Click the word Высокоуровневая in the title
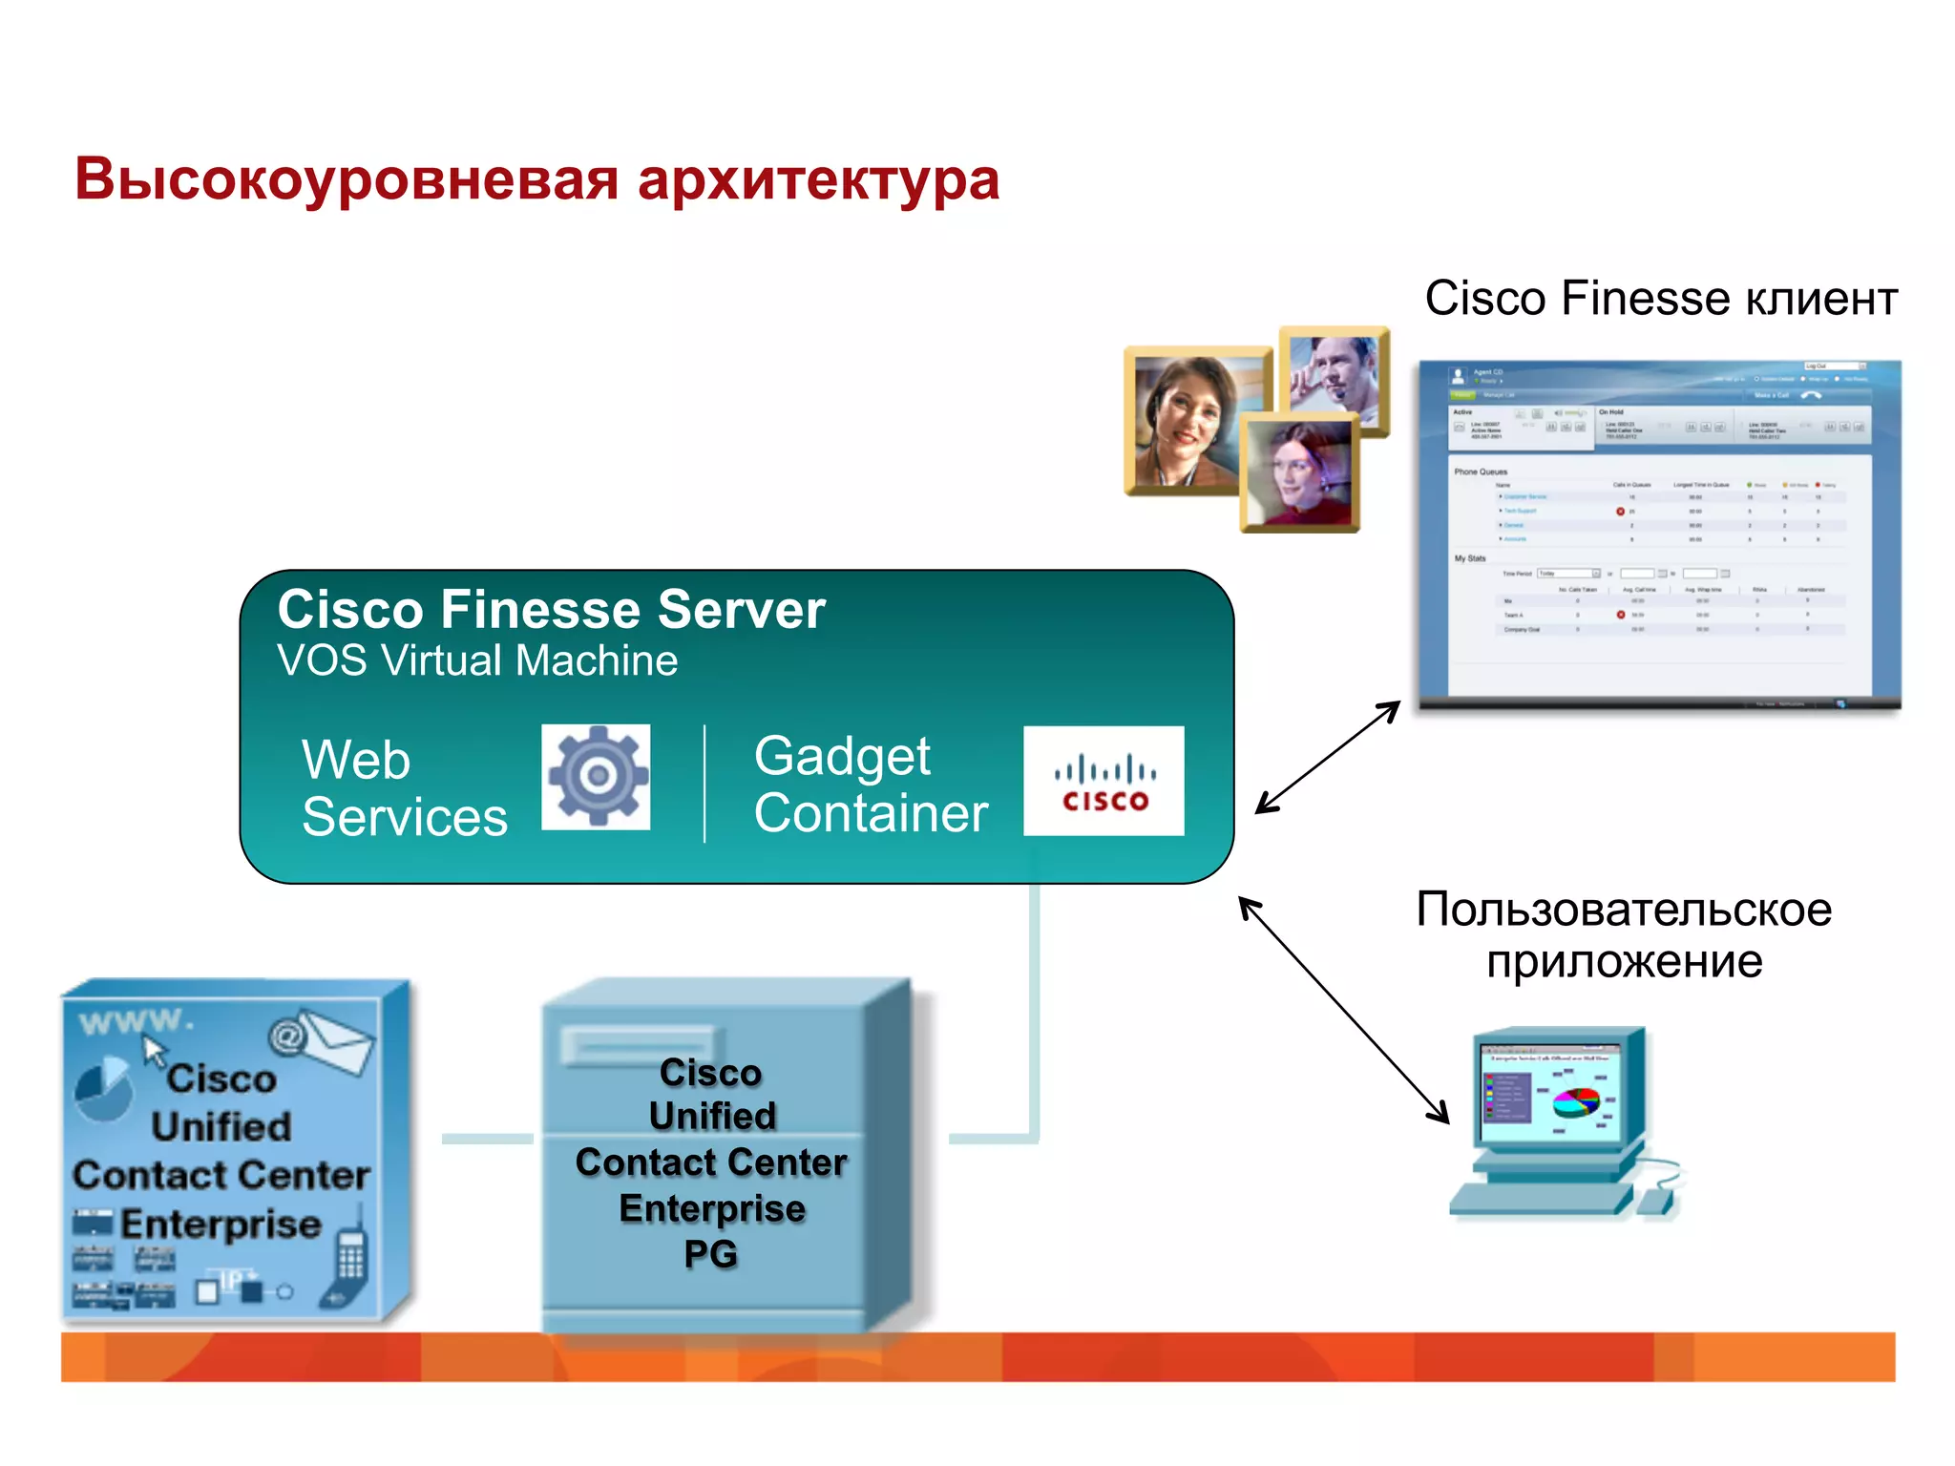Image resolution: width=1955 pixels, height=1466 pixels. (x=347, y=179)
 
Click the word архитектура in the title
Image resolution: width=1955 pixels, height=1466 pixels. (x=818, y=179)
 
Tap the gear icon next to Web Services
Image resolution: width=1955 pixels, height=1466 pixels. (x=596, y=776)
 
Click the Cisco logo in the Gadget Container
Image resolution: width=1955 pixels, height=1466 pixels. (x=1104, y=781)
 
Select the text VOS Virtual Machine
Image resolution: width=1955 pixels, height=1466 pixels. (x=477, y=660)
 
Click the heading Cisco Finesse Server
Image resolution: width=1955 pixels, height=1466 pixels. (x=551, y=609)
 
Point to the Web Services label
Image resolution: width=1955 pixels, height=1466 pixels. (x=404, y=788)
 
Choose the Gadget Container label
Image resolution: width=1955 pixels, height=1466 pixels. (x=870, y=785)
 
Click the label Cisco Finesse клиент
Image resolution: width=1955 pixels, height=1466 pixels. (x=1660, y=298)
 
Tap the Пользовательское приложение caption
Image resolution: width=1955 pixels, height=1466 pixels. (x=1624, y=934)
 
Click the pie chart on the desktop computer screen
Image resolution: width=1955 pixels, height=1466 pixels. (x=1575, y=1102)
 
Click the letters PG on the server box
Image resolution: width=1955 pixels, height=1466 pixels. (x=711, y=1253)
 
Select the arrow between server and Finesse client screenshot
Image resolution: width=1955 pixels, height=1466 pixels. (x=1327, y=757)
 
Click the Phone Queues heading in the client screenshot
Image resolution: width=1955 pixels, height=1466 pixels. (x=1481, y=471)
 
